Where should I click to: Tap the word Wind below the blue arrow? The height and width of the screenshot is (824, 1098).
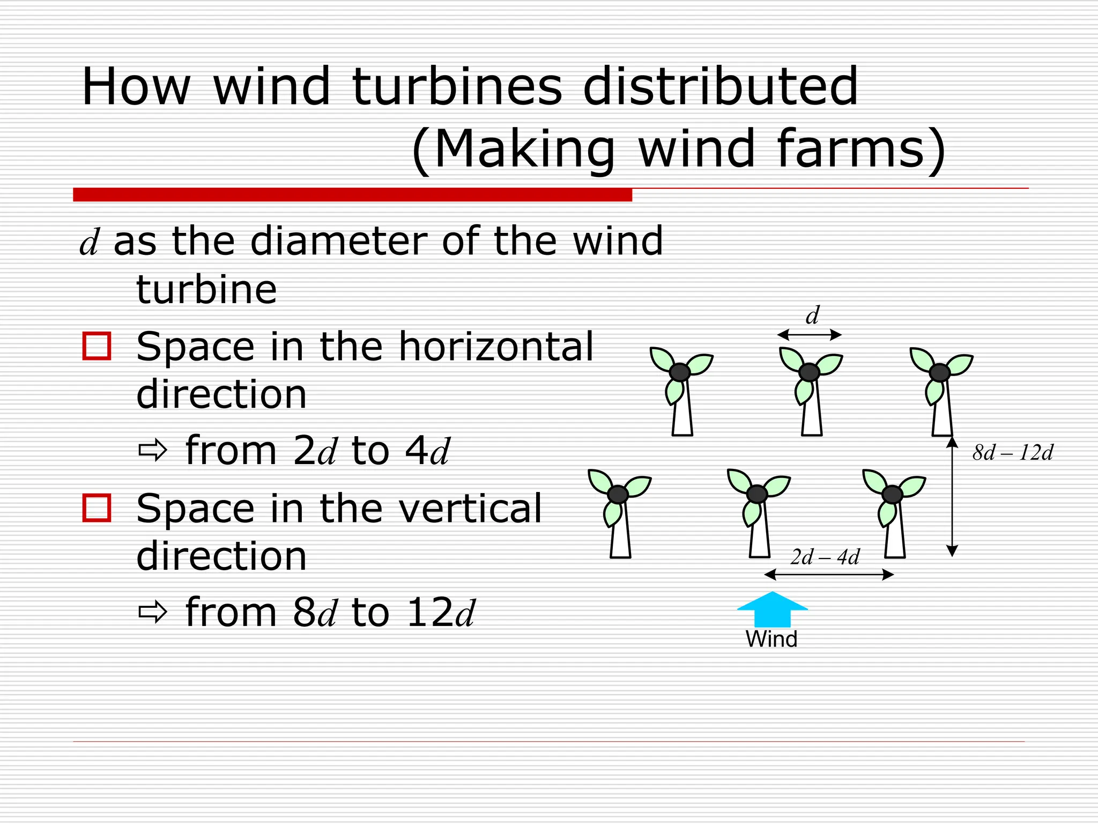click(771, 639)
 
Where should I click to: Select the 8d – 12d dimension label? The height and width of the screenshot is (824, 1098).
click(1013, 453)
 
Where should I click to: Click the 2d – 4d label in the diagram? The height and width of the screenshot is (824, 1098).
click(825, 557)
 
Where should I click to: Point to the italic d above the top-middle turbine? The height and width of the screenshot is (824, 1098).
click(812, 315)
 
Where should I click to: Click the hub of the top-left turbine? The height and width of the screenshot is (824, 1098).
click(680, 372)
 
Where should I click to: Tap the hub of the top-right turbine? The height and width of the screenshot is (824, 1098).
click(939, 372)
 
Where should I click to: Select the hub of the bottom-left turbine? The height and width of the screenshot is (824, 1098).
click(618, 494)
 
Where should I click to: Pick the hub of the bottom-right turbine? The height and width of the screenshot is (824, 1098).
click(892, 494)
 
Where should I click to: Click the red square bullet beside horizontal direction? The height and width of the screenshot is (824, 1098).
click(97, 346)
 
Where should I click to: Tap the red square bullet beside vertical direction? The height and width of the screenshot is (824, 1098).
click(97, 507)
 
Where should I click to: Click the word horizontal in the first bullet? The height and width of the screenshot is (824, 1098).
click(496, 347)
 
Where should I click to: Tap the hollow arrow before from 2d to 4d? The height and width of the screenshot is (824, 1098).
click(153, 451)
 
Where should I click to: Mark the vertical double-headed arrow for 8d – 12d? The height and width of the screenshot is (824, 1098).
click(952, 496)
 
